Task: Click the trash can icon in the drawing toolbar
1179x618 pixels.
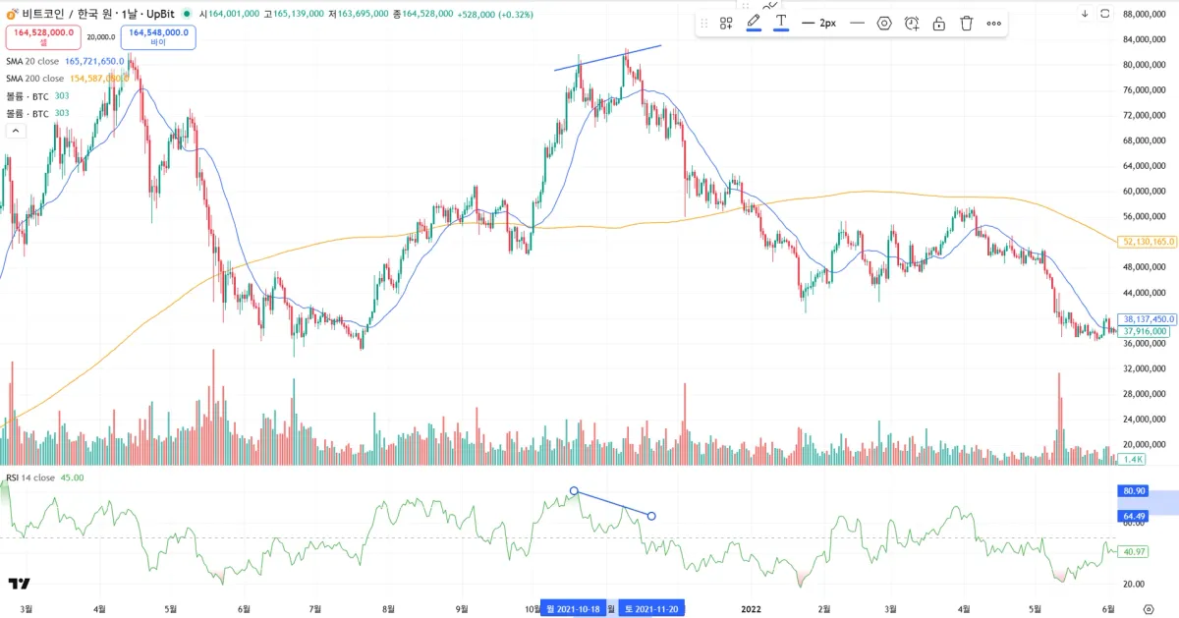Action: (x=966, y=23)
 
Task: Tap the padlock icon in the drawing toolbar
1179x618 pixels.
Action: (x=938, y=23)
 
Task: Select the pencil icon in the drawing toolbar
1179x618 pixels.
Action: (x=754, y=21)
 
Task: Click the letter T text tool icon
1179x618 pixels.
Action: (x=781, y=21)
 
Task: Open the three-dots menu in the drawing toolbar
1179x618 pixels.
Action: (x=994, y=23)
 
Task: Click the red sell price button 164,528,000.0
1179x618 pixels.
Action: (x=43, y=36)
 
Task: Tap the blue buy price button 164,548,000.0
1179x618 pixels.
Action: (x=158, y=36)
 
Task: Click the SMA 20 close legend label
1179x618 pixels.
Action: (x=34, y=61)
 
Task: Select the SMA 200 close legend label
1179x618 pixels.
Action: (x=36, y=79)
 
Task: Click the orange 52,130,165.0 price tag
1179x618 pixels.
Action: (x=1147, y=242)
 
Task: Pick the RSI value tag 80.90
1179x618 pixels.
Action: (x=1132, y=490)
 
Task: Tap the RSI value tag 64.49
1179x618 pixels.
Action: (x=1132, y=516)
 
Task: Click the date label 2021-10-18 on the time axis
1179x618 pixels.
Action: (x=574, y=609)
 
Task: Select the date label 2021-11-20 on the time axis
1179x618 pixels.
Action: (x=651, y=609)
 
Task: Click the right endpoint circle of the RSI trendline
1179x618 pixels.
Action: (x=651, y=516)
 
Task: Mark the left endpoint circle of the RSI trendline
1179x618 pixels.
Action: (x=574, y=490)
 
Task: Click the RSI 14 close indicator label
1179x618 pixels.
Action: (x=30, y=478)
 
